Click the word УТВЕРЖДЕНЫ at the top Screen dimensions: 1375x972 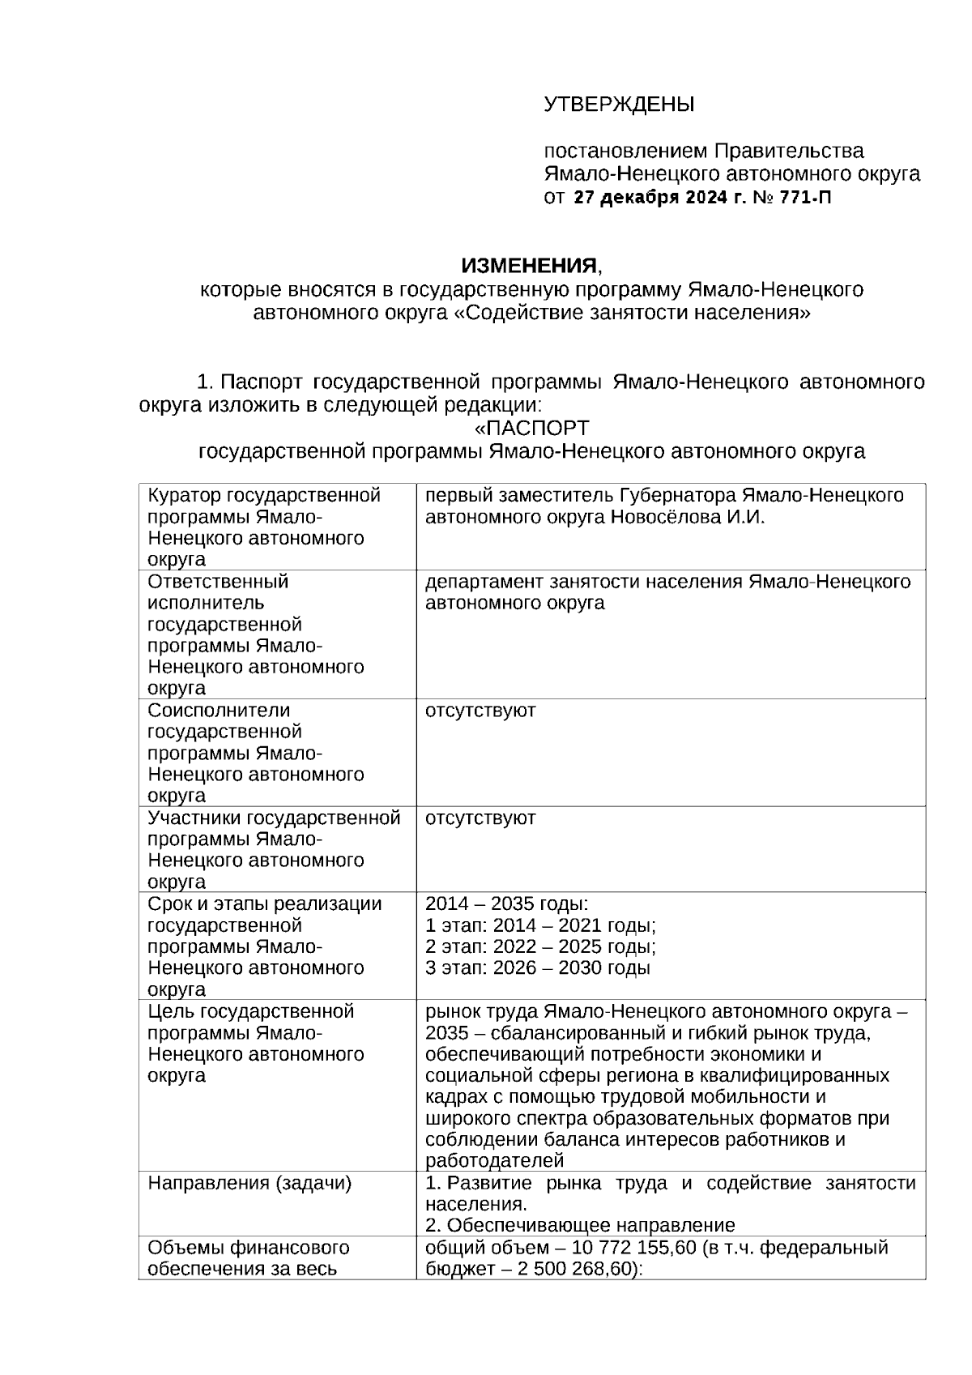pyautogui.click(x=619, y=105)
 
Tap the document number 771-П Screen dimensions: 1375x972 pyautogui.click(x=805, y=198)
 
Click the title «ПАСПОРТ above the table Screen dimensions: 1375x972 pyautogui.click(x=531, y=428)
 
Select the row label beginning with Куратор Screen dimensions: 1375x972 pyautogui.click(x=264, y=495)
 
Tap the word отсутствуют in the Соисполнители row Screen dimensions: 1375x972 pyautogui.click(x=480, y=711)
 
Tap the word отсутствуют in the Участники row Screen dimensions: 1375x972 pyautogui.click(x=480, y=818)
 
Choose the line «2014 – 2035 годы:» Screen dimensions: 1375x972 pyautogui.click(x=507, y=904)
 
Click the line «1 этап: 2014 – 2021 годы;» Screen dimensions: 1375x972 pyautogui.click(x=540, y=926)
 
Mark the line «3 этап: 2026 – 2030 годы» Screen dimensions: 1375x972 pyautogui.click(x=538, y=968)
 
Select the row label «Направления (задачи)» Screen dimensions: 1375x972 pyautogui.click(x=249, y=1183)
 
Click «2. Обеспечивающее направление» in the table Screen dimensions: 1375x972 pyautogui.click(x=580, y=1225)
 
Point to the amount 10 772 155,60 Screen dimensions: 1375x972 pyautogui.click(x=634, y=1248)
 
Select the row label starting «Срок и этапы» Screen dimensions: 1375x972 pyautogui.click(x=264, y=904)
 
